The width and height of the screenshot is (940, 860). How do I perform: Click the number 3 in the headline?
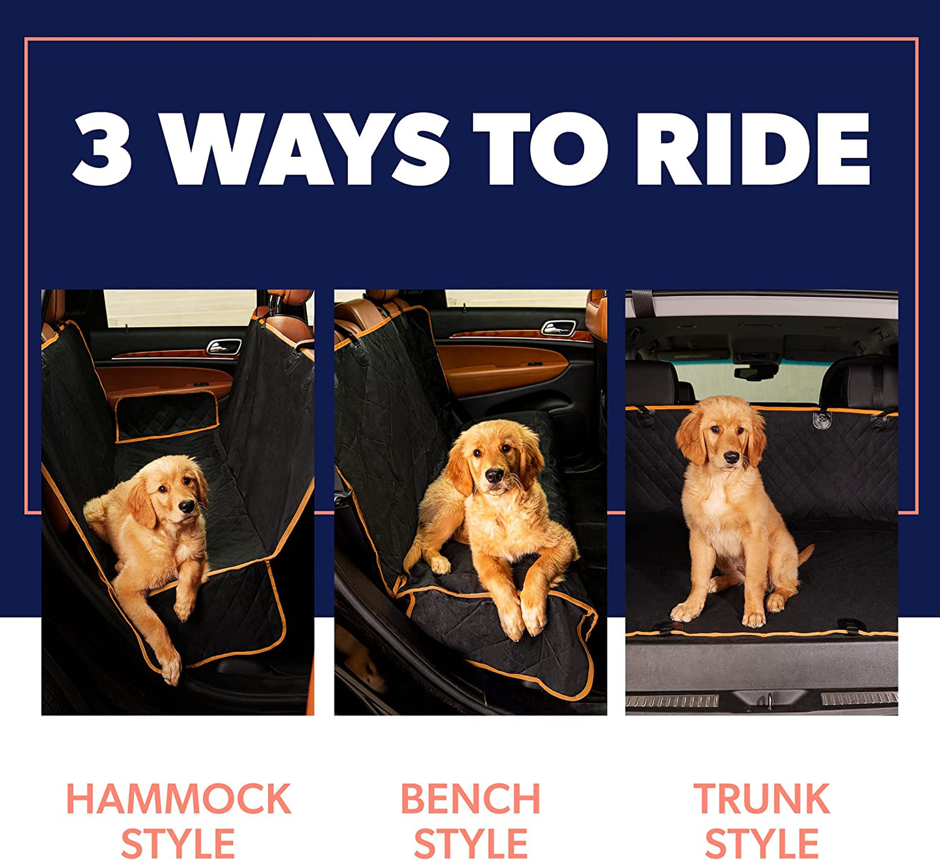pos(103,149)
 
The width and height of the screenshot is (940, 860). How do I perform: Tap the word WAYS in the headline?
pos(306,149)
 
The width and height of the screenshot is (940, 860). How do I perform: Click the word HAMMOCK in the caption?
pos(178,799)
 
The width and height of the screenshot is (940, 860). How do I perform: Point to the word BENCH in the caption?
pos(470,799)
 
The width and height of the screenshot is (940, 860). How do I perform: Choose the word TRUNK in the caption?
pos(762,799)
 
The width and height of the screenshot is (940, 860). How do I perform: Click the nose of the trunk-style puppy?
pos(731,457)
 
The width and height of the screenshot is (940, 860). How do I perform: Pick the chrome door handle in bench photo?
pos(558,328)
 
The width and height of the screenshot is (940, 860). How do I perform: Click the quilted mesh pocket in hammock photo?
pos(167,416)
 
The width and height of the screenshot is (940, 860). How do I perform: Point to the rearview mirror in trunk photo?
pos(756,371)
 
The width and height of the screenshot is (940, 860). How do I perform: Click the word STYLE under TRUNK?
pos(762,844)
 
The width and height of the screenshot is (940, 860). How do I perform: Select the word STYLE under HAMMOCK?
pos(178,844)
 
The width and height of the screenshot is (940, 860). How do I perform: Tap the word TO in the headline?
pos(541,149)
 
